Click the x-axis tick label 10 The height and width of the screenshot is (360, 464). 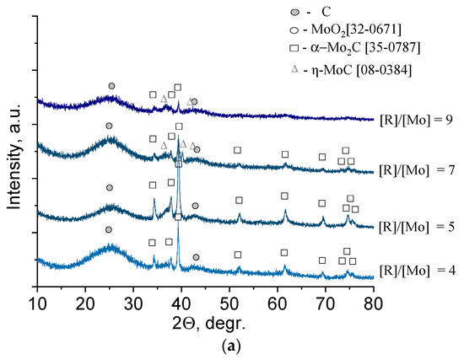click(37, 303)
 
